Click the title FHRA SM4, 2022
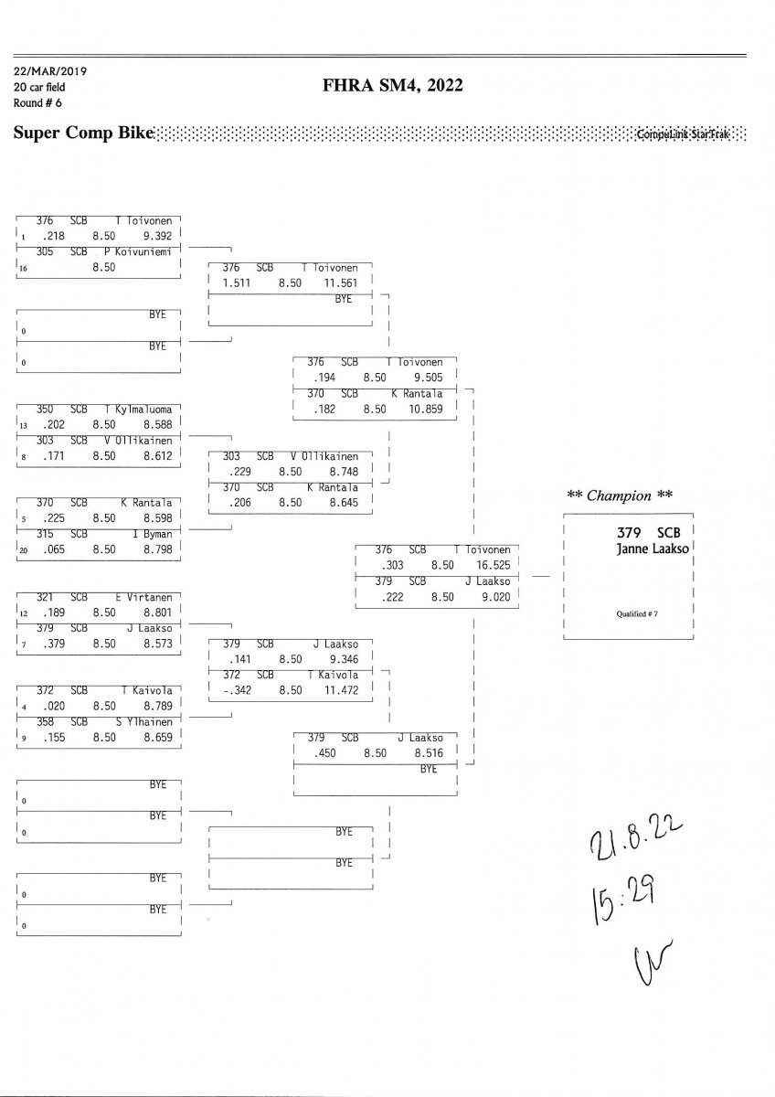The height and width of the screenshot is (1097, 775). [393, 87]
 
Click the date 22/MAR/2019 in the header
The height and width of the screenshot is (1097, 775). [50, 71]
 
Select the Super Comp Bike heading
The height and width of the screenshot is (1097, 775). [82, 133]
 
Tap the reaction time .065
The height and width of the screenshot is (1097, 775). [47, 550]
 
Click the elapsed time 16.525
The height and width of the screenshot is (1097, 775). [493, 566]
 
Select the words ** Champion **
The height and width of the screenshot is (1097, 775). [620, 495]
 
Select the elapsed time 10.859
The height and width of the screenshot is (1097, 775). [425, 409]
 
